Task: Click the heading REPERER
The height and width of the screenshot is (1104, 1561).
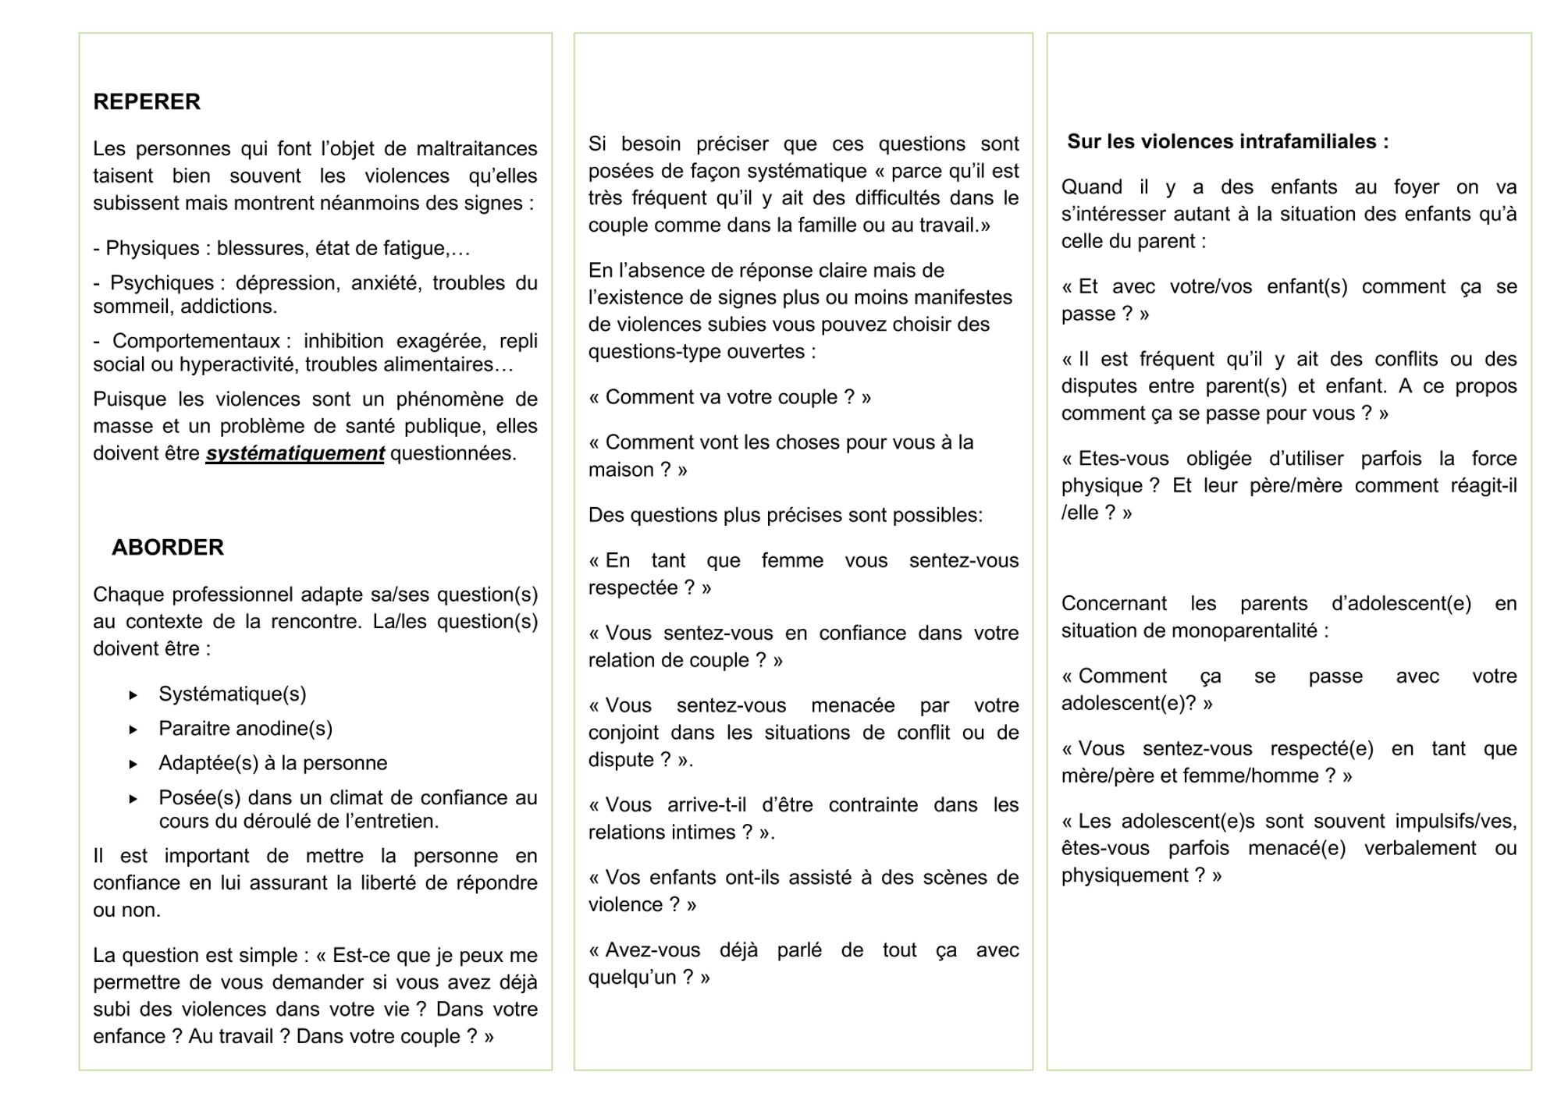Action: coord(147,102)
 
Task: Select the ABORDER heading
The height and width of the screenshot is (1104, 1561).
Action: coord(168,548)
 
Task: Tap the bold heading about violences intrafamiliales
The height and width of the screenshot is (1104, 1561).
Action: coord(1228,142)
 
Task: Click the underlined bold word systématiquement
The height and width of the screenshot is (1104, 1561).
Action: coord(295,454)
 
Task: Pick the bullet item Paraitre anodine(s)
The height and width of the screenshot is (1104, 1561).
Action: coord(245,729)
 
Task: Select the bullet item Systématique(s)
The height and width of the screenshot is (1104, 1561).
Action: coord(232,694)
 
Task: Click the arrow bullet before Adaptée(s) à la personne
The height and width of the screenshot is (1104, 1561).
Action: coord(133,765)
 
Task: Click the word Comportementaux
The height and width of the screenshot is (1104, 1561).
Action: coord(196,342)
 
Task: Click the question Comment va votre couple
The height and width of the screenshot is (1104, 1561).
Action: coord(730,398)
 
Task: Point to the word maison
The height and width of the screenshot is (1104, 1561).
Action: coord(621,470)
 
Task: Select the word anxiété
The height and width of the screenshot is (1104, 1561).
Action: coord(383,283)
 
